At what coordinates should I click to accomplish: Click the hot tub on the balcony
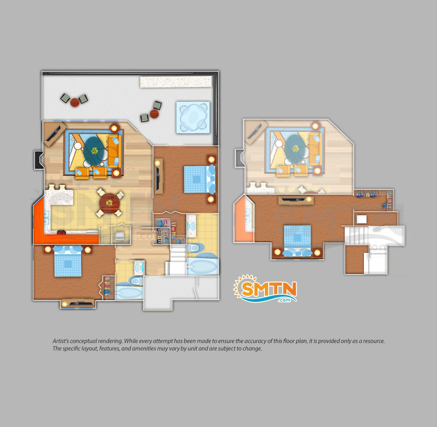(x=193, y=117)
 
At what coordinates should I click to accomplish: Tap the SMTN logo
(x=265, y=289)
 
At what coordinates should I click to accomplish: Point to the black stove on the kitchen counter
(x=62, y=232)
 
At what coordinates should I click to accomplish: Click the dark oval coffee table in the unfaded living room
(x=95, y=151)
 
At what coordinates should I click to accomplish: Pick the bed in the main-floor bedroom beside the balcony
(x=200, y=179)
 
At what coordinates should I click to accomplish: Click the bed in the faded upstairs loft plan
(x=297, y=241)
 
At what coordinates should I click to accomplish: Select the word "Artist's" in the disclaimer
(x=61, y=341)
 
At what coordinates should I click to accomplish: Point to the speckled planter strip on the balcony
(x=176, y=82)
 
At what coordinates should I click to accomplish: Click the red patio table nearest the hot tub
(x=154, y=114)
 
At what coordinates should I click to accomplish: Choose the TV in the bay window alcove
(x=78, y=303)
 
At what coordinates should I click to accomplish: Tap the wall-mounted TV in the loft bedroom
(x=296, y=200)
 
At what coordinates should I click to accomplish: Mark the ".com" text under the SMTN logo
(x=284, y=300)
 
